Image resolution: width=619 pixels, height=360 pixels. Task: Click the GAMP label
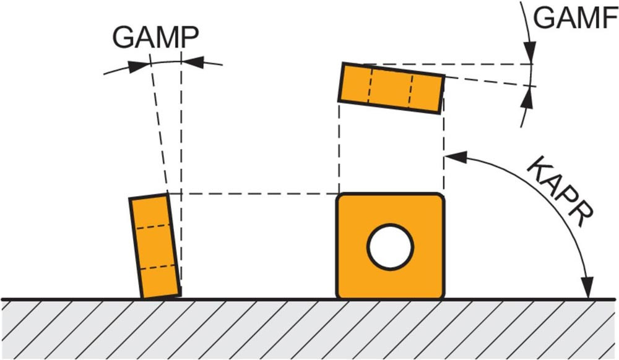coord(155,38)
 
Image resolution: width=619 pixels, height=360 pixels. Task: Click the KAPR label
coord(561,198)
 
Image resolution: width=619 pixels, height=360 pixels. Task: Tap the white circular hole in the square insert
coord(390,247)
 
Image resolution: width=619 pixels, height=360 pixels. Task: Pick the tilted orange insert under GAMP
coord(154,247)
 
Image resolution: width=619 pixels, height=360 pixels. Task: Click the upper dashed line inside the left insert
coord(154,226)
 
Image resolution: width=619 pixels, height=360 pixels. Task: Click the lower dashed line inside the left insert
coord(158,267)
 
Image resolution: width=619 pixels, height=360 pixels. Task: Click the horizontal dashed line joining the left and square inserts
coord(254,194)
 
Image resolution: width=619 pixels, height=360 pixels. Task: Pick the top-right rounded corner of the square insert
coord(439,198)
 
